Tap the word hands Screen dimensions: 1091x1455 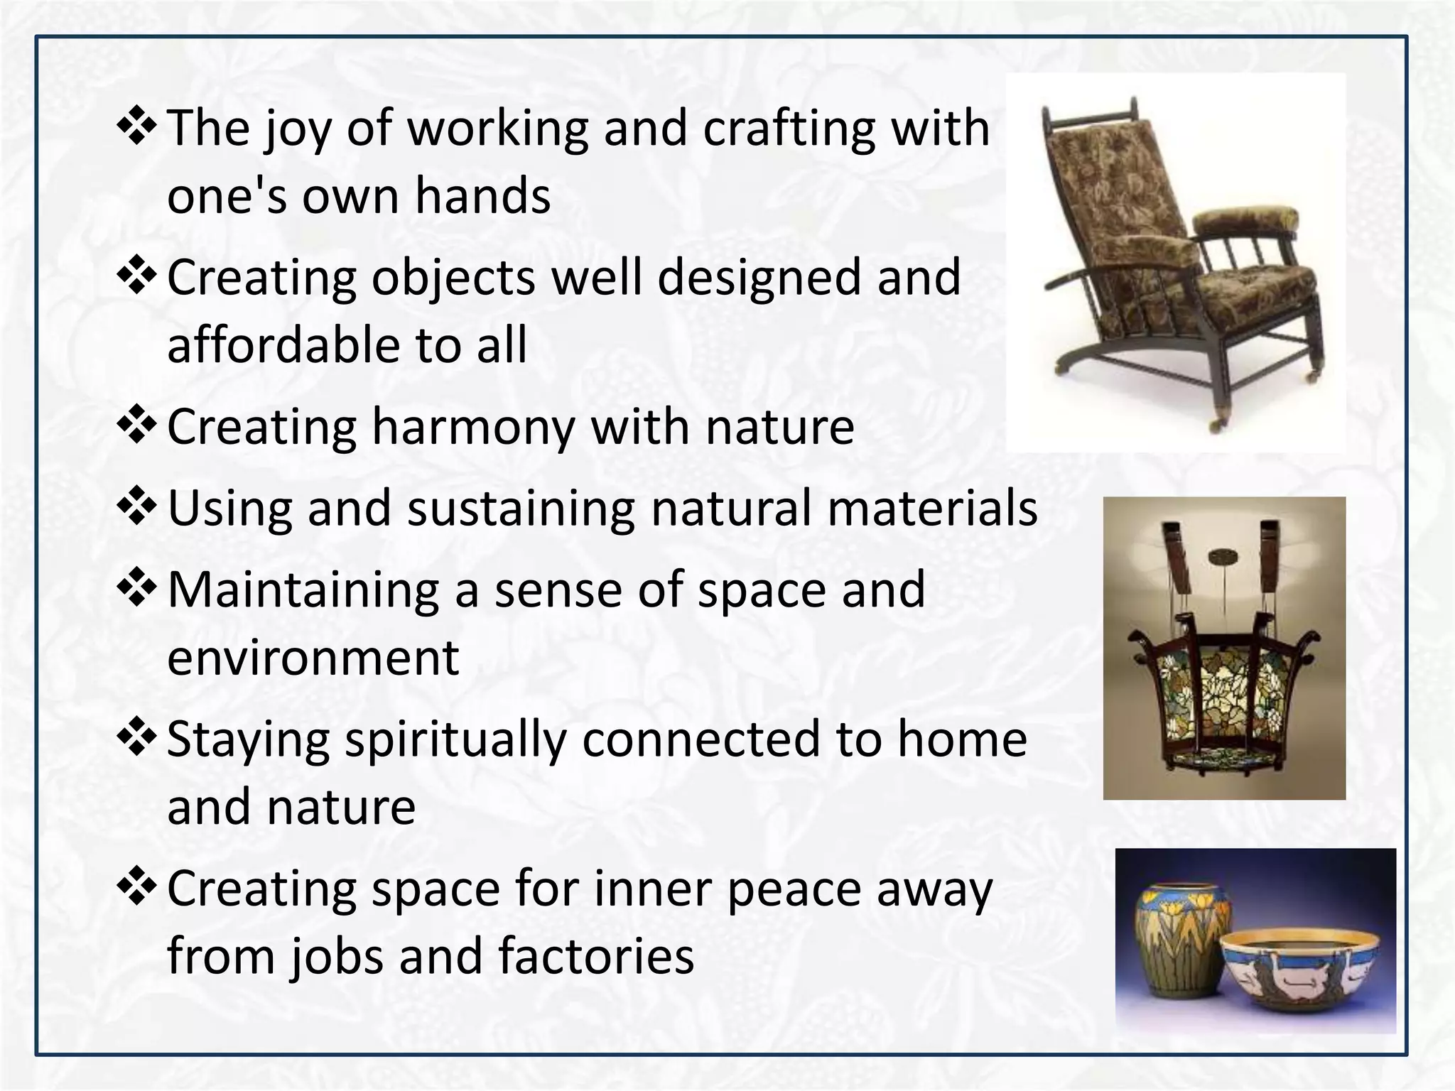click(482, 196)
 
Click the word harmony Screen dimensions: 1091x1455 click(472, 428)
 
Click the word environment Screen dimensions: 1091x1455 click(313, 658)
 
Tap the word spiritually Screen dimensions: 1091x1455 click(455, 739)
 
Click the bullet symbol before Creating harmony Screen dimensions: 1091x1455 click(136, 425)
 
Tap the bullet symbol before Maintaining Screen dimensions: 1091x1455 click(136, 587)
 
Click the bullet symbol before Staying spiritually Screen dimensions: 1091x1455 click(136, 737)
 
